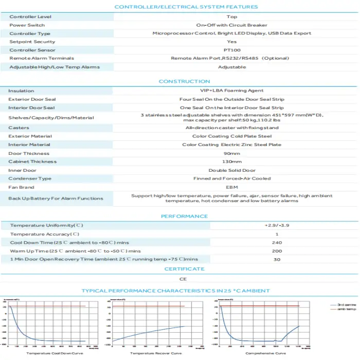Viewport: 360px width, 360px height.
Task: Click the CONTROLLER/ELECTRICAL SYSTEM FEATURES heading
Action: click(x=186, y=7)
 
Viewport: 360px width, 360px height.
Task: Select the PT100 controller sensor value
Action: click(x=231, y=50)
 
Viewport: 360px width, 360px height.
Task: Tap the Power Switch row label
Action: click(x=27, y=25)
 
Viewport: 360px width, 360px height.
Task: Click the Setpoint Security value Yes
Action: click(x=231, y=42)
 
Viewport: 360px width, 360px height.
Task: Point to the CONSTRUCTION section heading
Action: click(x=184, y=81)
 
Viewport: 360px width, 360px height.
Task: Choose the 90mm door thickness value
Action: click(x=231, y=153)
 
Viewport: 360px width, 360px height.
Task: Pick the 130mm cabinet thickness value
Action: click(x=231, y=161)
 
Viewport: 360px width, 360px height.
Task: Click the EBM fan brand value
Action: click(x=231, y=187)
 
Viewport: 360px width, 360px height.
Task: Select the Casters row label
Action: click(x=19, y=128)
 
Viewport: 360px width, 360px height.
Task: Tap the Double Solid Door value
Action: click(x=231, y=170)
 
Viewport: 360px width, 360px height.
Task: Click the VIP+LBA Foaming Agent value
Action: click(x=231, y=91)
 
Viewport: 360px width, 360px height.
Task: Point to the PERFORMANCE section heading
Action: click(x=184, y=216)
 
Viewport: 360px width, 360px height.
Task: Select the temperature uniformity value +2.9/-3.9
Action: click(x=276, y=226)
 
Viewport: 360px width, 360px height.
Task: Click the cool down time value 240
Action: click(x=276, y=242)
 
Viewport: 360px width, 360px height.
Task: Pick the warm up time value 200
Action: click(x=276, y=250)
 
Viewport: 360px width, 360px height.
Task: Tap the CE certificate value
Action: click(x=184, y=279)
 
